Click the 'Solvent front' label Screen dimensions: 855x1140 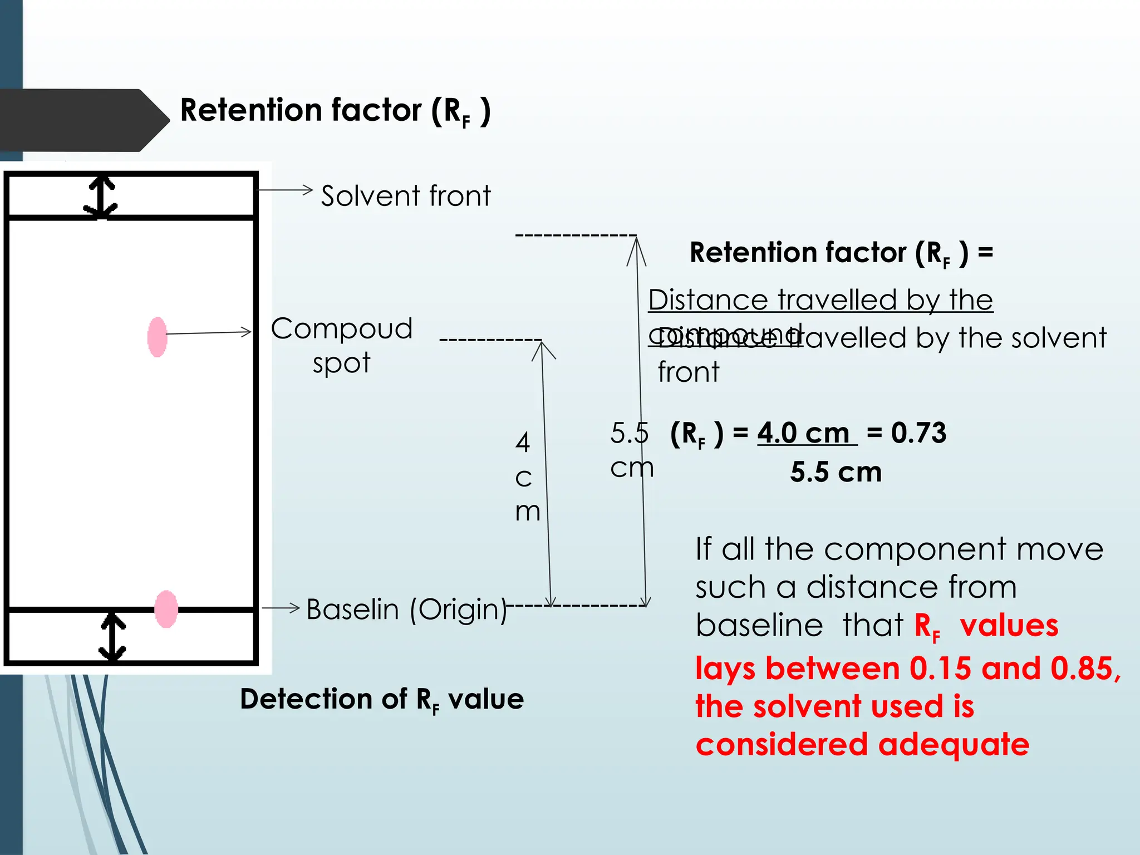[406, 196]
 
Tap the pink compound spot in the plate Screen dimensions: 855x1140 [158, 337]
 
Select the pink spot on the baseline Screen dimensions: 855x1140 [166, 609]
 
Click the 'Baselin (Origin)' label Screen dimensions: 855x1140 [406, 610]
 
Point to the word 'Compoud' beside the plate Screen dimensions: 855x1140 [341, 328]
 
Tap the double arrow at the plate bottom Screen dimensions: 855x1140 [112, 637]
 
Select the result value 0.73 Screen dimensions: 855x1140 [918, 433]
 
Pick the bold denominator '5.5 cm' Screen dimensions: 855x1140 [836, 472]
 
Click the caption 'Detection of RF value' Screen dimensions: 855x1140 [382, 699]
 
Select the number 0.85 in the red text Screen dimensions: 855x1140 [1081, 668]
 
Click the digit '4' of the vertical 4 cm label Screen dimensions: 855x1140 [522, 443]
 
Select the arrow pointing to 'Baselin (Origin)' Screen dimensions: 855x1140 [281, 608]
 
